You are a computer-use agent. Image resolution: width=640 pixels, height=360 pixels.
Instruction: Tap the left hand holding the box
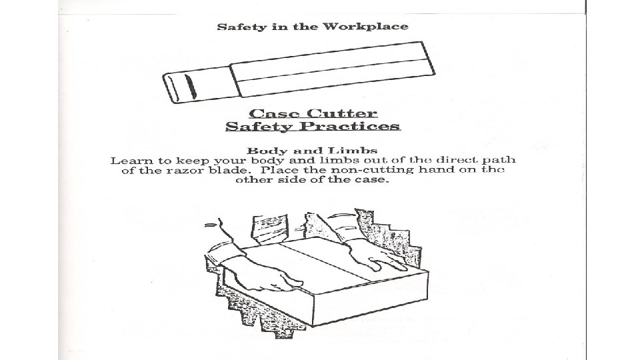tap(267, 278)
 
